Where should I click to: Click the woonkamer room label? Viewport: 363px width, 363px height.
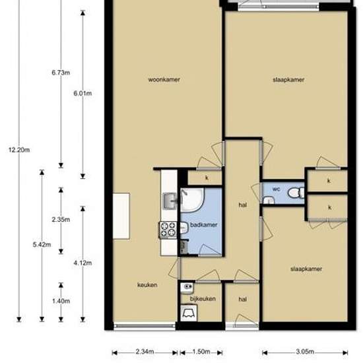click(x=164, y=80)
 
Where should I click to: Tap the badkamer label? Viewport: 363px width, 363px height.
click(x=204, y=225)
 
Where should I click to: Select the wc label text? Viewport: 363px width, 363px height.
click(x=276, y=189)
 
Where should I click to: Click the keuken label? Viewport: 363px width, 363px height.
click(x=147, y=284)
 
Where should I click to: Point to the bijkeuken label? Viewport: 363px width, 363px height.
click(x=203, y=299)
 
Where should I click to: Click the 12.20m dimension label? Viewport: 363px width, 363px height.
click(x=19, y=150)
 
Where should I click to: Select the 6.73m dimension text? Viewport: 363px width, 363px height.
click(x=61, y=73)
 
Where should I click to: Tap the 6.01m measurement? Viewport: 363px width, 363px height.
click(x=82, y=94)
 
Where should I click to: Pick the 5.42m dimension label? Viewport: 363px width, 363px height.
click(x=42, y=244)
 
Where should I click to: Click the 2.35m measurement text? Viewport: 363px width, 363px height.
click(x=61, y=220)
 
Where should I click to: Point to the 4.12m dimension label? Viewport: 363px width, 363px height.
click(x=82, y=263)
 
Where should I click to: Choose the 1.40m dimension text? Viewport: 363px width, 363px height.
click(x=61, y=301)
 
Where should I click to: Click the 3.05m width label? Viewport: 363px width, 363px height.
click(x=305, y=352)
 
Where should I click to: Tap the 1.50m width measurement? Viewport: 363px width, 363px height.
click(x=201, y=352)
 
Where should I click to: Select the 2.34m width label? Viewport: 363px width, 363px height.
click(x=145, y=352)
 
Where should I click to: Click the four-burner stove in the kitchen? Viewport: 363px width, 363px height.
click(x=168, y=230)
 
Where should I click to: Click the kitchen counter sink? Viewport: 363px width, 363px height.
click(x=170, y=201)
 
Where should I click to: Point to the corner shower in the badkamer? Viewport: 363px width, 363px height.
click(x=192, y=200)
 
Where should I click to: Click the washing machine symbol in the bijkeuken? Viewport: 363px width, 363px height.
click(x=189, y=313)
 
